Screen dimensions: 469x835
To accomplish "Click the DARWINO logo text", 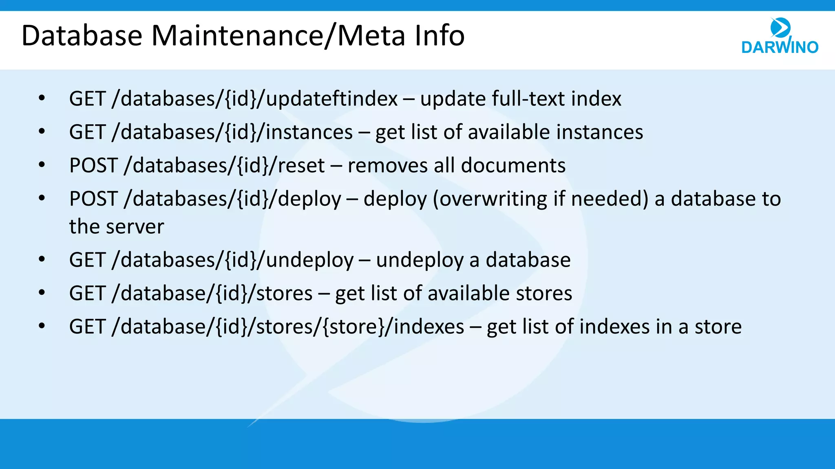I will [x=780, y=47].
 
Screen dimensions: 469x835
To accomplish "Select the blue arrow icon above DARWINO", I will [x=780, y=27].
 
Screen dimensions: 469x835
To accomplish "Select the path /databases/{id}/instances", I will [x=232, y=132].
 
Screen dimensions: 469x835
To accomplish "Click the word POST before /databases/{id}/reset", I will [x=93, y=166].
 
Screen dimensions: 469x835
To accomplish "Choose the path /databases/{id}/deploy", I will [x=232, y=199].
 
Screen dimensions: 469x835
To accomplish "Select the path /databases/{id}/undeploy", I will [x=232, y=260].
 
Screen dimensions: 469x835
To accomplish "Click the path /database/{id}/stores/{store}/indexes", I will [x=287, y=327].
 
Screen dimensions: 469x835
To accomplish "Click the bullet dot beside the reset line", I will [x=42, y=165].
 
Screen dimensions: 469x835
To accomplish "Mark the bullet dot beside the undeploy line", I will [x=42, y=259].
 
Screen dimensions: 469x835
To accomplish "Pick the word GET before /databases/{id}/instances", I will [x=87, y=132].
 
